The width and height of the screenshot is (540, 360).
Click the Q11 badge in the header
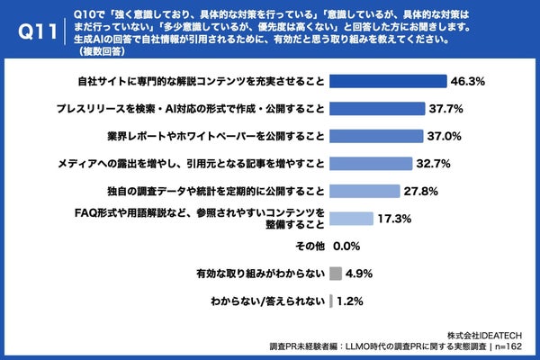[31, 31]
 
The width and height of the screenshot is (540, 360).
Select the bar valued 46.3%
[388, 81]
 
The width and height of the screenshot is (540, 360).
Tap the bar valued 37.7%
[378, 109]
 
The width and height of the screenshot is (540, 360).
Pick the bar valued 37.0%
[377, 136]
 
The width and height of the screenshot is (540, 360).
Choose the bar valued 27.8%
[365, 191]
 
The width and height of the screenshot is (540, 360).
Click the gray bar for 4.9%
[336, 273]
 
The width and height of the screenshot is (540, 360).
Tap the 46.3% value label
[467, 81]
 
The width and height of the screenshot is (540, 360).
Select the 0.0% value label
[347, 246]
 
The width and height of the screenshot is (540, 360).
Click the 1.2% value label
[351, 301]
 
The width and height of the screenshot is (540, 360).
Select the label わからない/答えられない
[266, 301]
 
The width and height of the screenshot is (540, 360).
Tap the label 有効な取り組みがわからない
[258, 273]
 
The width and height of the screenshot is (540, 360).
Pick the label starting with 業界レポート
[215, 136]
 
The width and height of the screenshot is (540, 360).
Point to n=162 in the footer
[513, 346]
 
